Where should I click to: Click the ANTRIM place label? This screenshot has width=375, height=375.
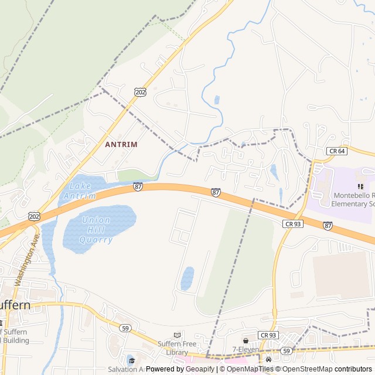click(121, 144)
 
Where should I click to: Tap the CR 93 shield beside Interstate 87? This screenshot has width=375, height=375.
click(292, 223)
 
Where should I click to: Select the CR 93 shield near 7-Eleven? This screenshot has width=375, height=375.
click(268, 335)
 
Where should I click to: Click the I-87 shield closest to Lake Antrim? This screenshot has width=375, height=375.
click(138, 186)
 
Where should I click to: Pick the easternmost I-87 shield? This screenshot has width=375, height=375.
click(328, 225)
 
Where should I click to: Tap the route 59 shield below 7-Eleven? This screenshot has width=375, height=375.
click(286, 350)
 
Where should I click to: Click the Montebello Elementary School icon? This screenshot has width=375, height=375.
click(360, 186)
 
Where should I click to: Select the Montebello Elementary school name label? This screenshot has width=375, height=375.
click(352, 199)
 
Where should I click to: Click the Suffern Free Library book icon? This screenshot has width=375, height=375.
click(178, 335)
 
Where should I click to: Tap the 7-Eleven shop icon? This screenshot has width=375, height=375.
click(245, 340)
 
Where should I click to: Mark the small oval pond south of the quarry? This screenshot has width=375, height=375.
click(187, 278)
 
